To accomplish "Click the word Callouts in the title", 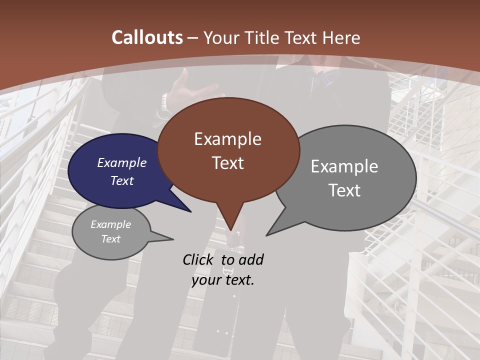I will [147, 37].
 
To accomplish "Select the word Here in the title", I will [342, 38].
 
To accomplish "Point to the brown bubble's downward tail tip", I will [230, 231].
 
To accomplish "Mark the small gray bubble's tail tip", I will [173, 239].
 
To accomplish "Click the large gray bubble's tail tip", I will [266, 235].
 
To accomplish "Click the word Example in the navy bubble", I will [122, 163].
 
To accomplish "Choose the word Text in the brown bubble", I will [228, 163].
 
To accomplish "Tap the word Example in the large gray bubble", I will [344, 166].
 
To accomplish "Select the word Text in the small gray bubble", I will [111, 239].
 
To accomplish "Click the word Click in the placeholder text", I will [198, 259].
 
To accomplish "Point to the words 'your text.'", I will [223, 280].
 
